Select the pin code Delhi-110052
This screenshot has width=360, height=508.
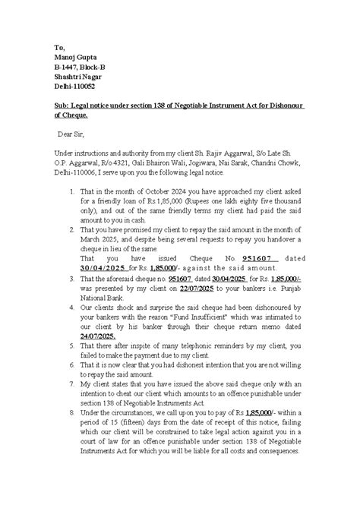pyautogui.click(x=74, y=87)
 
